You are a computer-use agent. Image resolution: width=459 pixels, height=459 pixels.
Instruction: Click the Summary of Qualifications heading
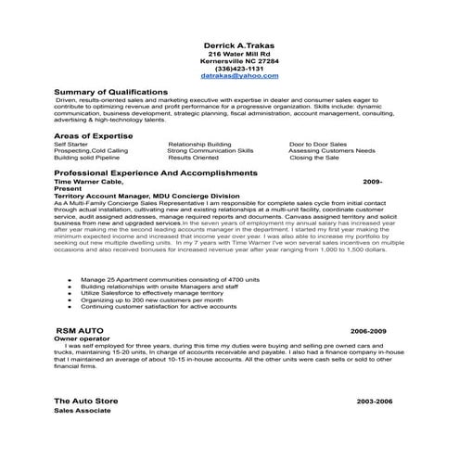point(110,93)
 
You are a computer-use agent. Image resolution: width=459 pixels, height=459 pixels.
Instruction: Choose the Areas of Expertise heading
point(93,136)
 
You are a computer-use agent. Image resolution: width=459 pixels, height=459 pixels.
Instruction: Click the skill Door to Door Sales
point(318,145)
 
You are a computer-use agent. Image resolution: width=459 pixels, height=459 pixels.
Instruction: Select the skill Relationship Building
point(199,145)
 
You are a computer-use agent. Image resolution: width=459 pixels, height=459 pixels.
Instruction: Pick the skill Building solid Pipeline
point(88,158)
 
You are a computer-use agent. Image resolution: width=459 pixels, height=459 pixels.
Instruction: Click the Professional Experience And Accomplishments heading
point(155,173)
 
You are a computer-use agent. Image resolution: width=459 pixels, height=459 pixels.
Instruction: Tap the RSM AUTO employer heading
point(79,331)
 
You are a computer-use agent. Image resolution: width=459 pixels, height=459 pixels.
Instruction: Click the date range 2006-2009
point(368,331)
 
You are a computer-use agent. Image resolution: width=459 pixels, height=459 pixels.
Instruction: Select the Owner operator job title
point(78,339)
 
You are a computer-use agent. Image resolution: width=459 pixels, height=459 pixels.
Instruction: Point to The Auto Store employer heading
point(91,400)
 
